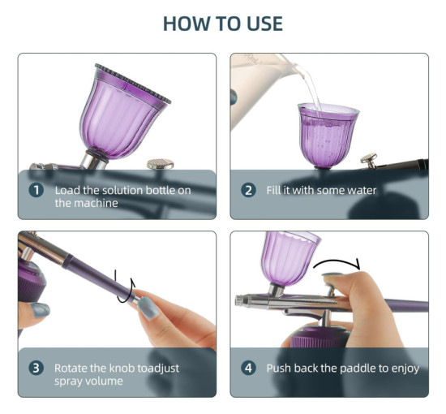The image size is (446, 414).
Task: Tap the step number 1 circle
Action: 36,190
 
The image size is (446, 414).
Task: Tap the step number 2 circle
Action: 248,190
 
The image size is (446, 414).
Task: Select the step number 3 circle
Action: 36,368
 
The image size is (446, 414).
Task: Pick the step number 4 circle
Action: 248,368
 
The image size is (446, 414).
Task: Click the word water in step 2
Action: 362,190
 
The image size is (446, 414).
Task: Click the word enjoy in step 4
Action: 405,369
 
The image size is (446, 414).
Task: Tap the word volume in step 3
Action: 105,381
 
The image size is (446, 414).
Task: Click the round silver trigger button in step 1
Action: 161,164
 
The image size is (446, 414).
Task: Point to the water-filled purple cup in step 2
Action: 328,136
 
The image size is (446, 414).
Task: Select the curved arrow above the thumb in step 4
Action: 337,262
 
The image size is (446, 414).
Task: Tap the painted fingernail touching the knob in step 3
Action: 148,308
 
